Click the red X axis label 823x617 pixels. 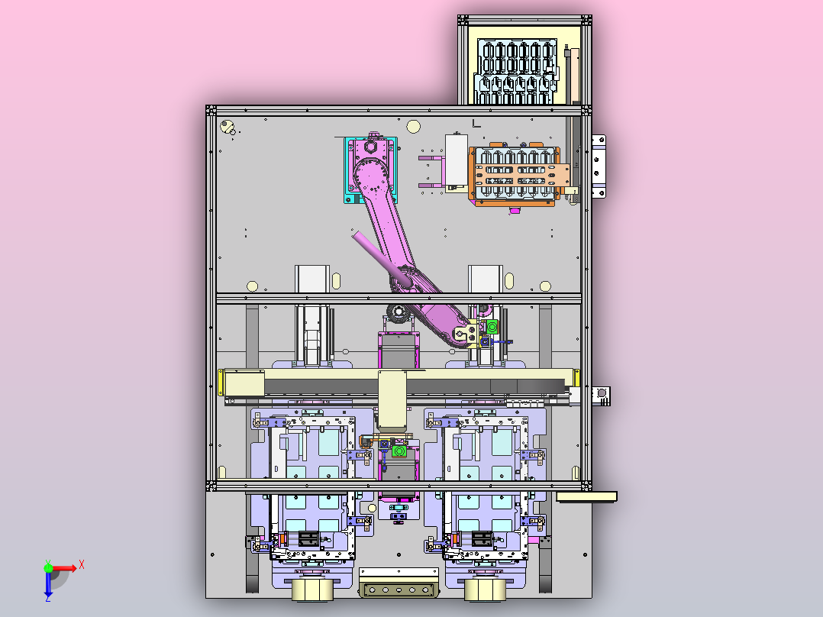tap(82, 565)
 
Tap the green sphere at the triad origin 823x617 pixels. tap(48, 567)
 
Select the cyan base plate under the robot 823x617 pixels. tap(370, 170)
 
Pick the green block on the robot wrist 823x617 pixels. tap(492, 327)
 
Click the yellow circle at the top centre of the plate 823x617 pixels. tap(414, 127)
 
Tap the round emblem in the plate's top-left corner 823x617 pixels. tap(228, 127)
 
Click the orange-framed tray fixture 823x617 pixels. tap(517, 175)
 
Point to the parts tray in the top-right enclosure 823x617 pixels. tap(515, 70)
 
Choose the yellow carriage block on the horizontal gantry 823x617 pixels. tap(392, 400)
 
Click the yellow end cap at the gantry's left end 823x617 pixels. tap(221, 383)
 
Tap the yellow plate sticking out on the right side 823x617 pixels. tap(586, 497)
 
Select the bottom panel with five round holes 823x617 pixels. tap(399, 590)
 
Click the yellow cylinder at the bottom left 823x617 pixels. tap(311, 590)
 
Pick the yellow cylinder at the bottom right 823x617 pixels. tap(485, 590)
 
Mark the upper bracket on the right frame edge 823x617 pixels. tap(599, 166)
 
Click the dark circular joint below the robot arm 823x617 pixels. tap(398, 313)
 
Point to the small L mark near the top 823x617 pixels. tap(476, 124)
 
